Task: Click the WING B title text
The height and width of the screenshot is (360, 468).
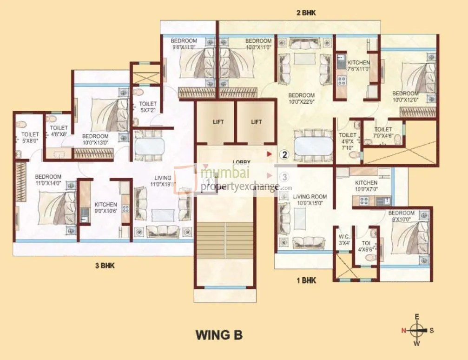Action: click(219, 334)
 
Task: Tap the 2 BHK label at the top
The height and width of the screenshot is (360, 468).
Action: click(306, 13)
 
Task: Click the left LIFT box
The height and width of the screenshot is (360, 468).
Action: click(218, 122)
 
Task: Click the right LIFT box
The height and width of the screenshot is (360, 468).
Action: click(256, 122)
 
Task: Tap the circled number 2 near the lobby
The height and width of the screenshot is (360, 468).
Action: click(285, 153)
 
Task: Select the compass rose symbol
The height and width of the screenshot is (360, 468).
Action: click(417, 331)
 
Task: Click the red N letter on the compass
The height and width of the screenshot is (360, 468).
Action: click(404, 331)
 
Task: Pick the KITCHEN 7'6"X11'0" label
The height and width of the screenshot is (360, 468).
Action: click(358, 66)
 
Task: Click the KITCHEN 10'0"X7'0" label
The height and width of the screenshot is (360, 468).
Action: click(366, 186)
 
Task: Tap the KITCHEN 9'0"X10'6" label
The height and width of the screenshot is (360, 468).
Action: click(105, 208)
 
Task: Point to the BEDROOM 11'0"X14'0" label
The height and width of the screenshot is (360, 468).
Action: click(48, 180)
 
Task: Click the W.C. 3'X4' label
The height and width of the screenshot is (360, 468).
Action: click(344, 240)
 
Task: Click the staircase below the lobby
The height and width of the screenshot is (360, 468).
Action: click(225, 240)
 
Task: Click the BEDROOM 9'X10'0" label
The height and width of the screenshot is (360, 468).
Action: click(402, 216)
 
